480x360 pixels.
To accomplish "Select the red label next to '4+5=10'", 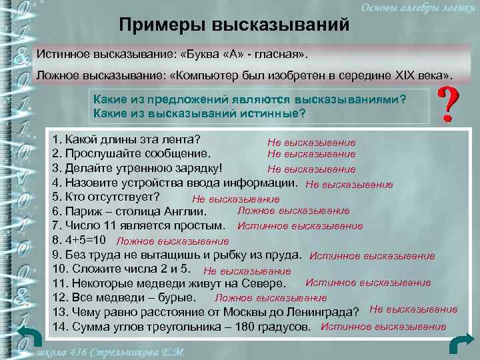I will coord(172,241).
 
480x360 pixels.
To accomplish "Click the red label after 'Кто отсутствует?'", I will coord(235,199).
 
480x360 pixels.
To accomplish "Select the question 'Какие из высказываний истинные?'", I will coord(200,113).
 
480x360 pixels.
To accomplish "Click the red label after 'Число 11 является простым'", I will coord(300,226).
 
